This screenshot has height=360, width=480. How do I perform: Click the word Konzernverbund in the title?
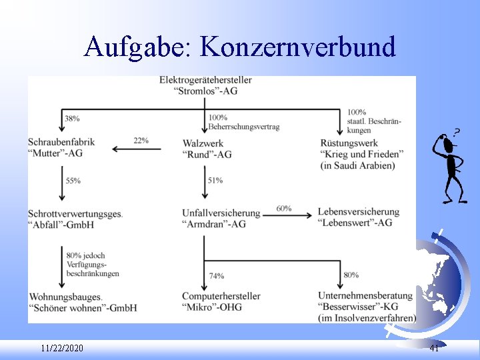point(297,47)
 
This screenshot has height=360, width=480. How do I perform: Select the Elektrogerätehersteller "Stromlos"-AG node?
point(205,85)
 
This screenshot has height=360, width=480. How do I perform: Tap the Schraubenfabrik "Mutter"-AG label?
point(61,147)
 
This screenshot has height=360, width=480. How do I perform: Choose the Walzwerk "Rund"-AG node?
point(207,149)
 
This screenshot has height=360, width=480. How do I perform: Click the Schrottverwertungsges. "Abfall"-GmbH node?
point(75,219)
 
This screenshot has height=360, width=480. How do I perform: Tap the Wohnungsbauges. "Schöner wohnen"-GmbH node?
point(82,301)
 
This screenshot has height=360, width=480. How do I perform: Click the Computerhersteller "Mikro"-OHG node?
point(221,301)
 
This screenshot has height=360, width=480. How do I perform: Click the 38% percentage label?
point(72,119)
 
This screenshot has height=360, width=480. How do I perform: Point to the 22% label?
point(141,141)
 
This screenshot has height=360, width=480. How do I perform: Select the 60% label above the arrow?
point(283,209)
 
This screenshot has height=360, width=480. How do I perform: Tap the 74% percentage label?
point(216,276)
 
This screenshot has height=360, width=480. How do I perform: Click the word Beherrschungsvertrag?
point(243,127)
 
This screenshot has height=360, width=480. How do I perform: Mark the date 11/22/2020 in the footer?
point(62,349)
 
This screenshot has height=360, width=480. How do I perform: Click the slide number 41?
point(434,349)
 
